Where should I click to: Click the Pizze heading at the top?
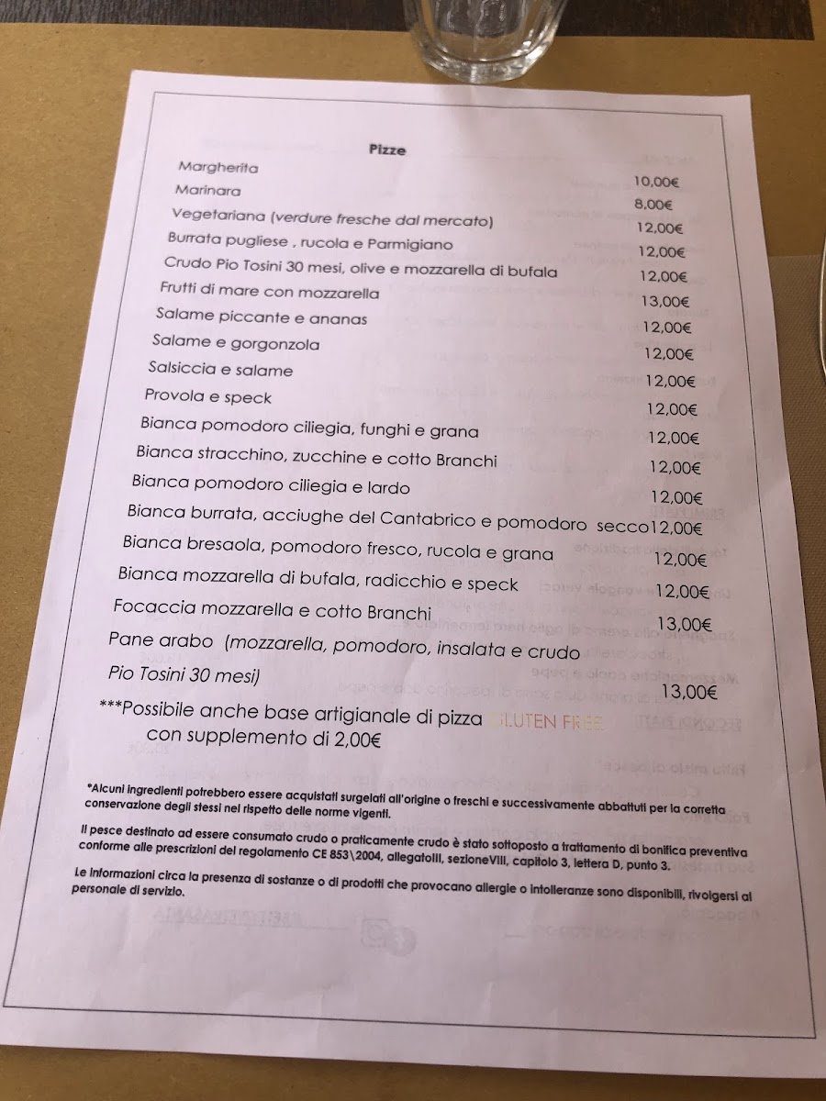[x=387, y=150]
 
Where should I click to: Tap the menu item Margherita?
[x=218, y=168]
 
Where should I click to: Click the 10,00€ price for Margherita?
[x=655, y=183]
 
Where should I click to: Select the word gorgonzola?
[x=275, y=344]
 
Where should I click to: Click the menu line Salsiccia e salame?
[x=220, y=370]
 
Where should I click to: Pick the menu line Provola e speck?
[x=207, y=397]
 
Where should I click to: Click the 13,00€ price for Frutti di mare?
[x=665, y=301]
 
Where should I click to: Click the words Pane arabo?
[x=161, y=640]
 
